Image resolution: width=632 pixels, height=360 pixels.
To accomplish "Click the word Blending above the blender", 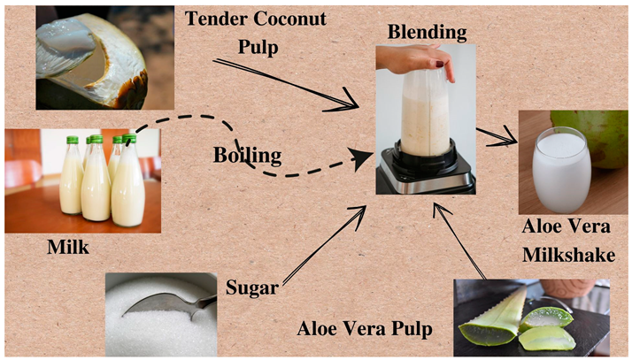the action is tap(426, 33).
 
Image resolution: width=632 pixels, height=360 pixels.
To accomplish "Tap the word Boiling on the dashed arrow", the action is tap(247, 156).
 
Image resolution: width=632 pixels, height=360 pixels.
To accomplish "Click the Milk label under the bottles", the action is tap(67, 247).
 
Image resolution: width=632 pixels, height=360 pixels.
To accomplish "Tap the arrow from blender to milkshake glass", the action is tap(496, 134).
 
